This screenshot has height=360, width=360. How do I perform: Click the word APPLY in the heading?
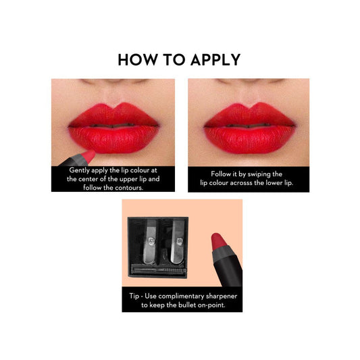coord(215,60)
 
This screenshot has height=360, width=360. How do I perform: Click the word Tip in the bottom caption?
coord(134,296)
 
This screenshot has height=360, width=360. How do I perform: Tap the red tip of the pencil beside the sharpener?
coord(219,242)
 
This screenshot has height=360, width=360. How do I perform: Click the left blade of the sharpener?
coord(149,242)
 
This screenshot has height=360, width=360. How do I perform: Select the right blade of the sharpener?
coord(178,242)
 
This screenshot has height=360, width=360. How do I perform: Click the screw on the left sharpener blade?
coord(151,241)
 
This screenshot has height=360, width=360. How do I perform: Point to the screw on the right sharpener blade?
coord(180,241)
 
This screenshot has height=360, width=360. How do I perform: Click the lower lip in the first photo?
coord(113,140)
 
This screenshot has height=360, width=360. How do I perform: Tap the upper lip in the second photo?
coord(249,115)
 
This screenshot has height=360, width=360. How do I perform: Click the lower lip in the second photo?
coord(249,140)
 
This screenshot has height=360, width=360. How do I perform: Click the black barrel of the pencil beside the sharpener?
coord(228,270)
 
